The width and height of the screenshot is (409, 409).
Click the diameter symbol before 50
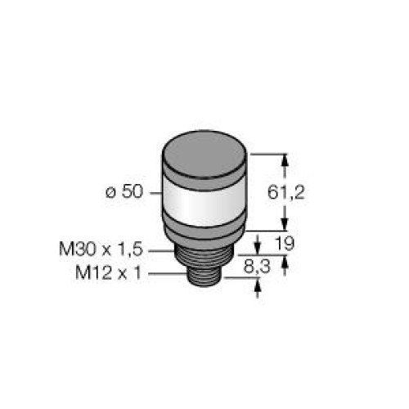(110, 193)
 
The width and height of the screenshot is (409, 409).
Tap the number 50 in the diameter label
(132, 191)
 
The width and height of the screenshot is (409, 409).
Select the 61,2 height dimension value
(285, 192)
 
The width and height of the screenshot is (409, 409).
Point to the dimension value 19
(285, 243)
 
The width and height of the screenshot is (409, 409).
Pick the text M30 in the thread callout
(77, 249)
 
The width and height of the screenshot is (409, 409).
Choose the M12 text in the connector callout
(93, 272)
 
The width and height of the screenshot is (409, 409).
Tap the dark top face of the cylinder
(204, 155)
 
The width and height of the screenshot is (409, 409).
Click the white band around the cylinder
(204, 203)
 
